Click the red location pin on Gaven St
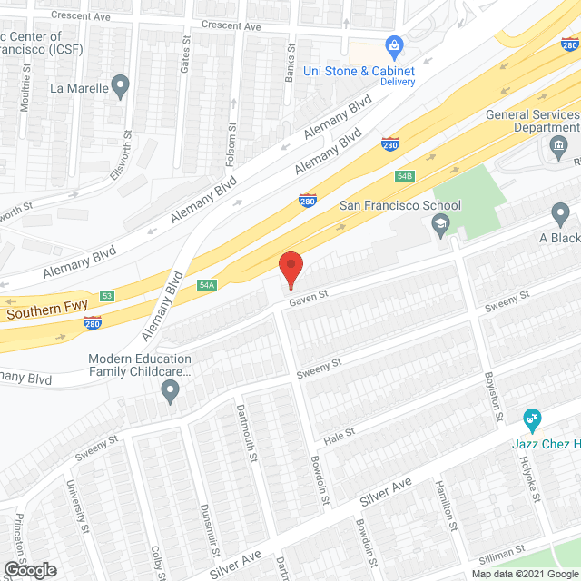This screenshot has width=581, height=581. coord(290,267)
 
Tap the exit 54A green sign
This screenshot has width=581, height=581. coord(207,285)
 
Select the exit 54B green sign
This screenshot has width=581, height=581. coord(404,175)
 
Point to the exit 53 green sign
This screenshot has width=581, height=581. coord(107,296)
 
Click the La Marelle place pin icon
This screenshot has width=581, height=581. coord(121,88)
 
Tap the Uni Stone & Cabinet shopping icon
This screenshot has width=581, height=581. coord(394,44)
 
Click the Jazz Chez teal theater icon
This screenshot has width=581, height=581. coord(532,419)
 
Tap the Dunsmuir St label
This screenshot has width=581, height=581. coord(210,530)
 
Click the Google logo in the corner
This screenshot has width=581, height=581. coord(29,570)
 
